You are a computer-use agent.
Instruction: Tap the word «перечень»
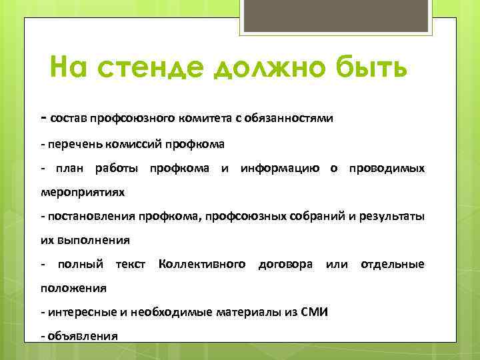pyautogui.click(x=71, y=144)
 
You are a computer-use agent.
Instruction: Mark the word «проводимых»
pyautogui.click(x=384, y=169)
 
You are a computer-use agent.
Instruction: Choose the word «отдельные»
pyautogui.click(x=392, y=265)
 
